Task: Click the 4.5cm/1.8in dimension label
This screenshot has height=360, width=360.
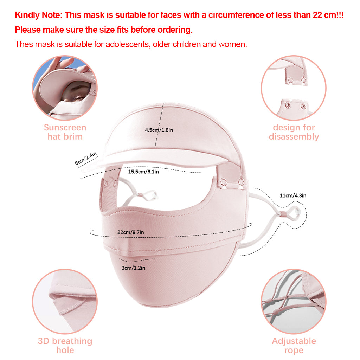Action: [x=159, y=130]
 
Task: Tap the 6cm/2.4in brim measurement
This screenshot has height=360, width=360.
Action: [x=86, y=159]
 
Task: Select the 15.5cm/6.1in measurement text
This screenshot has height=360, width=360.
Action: [x=143, y=172]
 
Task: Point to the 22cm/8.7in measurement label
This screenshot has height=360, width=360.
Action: [x=131, y=232]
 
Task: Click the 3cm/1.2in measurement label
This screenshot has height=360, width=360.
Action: [x=133, y=268]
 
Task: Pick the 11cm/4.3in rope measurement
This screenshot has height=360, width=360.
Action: [x=293, y=195]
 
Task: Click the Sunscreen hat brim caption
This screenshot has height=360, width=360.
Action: [x=65, y=132]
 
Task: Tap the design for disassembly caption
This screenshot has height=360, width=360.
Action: [x=294, y=132]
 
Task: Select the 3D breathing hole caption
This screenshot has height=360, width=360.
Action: [x=65, y=346]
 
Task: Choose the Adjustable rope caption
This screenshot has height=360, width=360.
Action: [x=294, y=346]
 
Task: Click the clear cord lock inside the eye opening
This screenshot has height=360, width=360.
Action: [x=150, y=195]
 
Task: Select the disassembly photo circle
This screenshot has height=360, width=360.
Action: [x=294, y=88]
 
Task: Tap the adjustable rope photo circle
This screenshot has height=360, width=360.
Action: [x=294, y=301]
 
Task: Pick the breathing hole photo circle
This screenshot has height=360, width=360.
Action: [x=65, y=301]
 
